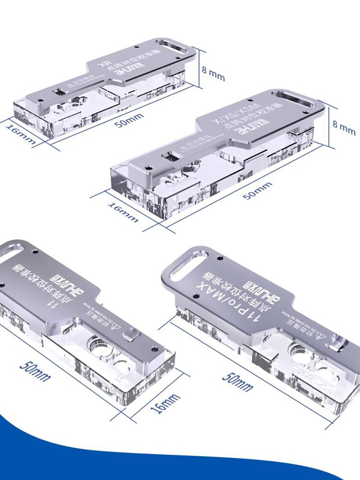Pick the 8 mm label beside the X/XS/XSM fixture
pos(344,126)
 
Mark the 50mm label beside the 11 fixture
pos(35,370)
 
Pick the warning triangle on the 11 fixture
pos(117,326)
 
